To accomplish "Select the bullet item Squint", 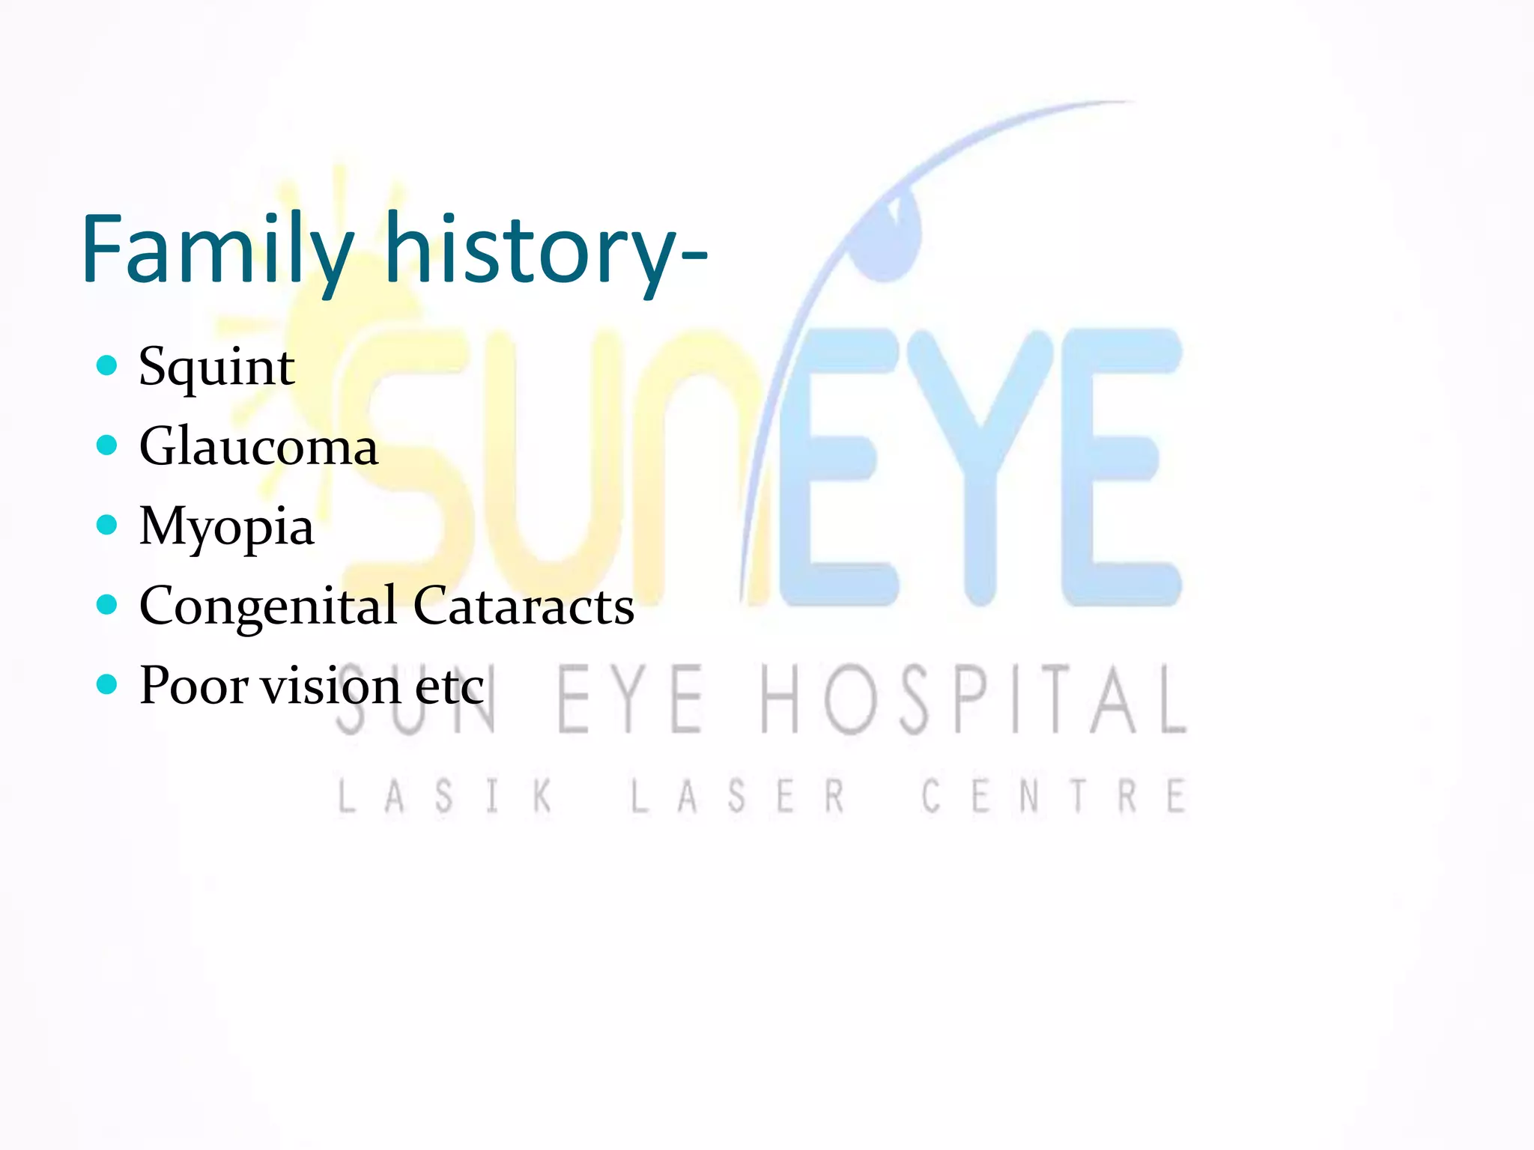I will click(216, 367).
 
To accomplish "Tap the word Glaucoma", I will click(258, 447).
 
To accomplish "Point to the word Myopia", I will click(226, 526).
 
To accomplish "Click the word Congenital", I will click(268, 606).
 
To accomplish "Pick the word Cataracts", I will click(524, 606).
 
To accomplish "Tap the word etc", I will click(449, 687).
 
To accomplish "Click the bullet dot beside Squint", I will click(107, 365).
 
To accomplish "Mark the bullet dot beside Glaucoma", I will click(107, 445).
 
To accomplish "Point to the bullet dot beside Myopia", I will click(107, 525).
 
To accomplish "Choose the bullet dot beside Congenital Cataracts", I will click(107, 604).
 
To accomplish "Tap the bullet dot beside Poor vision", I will click(107, 684).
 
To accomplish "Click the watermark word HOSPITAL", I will click(974, 700).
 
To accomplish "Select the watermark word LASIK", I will click(446, 795).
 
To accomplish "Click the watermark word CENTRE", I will click(1054, 795).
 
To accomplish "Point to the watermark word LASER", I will click(738, 795).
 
